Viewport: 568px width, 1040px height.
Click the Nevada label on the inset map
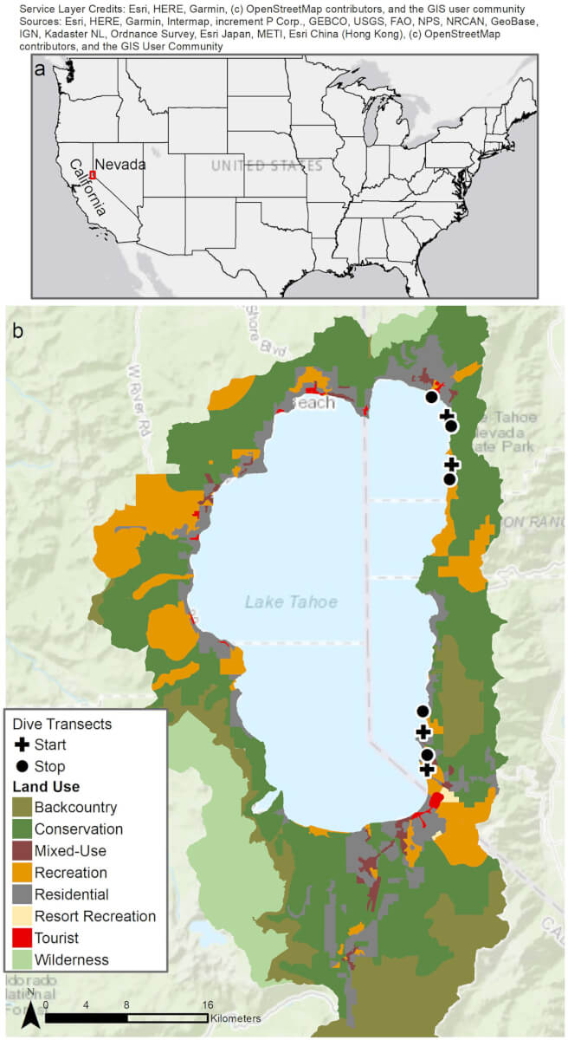119,164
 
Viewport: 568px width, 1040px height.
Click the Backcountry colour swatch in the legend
21,808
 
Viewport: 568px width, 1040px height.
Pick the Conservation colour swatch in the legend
21,829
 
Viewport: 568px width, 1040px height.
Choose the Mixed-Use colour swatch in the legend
21,851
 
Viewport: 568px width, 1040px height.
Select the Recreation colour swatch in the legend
21,873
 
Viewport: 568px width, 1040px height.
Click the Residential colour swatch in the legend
21,894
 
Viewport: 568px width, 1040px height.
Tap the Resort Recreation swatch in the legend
21,916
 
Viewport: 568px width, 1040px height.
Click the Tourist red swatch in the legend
21,938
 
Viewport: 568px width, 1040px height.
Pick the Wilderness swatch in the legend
21,959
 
